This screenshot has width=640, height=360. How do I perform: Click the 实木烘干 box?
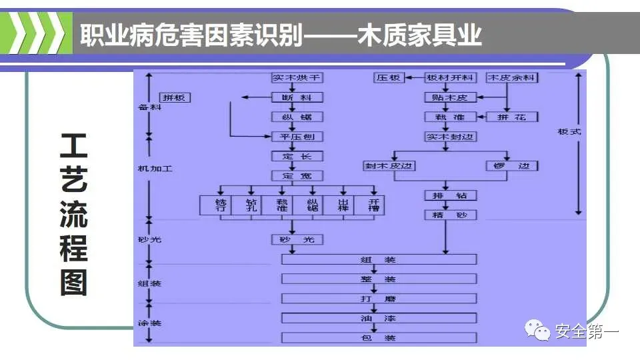pyautogui.click(x=297, y=77)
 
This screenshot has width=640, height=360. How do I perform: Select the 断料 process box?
pyautogui.click(x=297, y=97)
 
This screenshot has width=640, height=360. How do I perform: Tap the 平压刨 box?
pyautogui.click(x=297, y=137)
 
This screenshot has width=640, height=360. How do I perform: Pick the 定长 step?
pyautogui.click(x=297, y=156)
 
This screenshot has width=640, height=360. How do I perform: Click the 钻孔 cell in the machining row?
pyautogui.click(x=251, y=205)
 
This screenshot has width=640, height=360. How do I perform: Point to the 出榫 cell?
pyautogui.click(x=343, y=205)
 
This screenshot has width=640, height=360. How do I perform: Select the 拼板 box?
pyautogui.click(x=175, y=97)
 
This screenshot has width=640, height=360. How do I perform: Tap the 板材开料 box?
pyautogui.click(x=450, y=77)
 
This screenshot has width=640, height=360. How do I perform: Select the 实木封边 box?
pyautogui.click(x=450, y=137)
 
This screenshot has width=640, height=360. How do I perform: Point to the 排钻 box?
pyautogui.click(x=450, y=195)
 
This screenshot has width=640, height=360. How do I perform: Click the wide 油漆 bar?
pyautogui.click(x=379, y=318)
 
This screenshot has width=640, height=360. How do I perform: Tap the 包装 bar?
pyautogui.click(x=379, y=338)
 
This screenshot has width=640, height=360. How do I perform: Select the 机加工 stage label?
pyautogui.click(x=155, y=169)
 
